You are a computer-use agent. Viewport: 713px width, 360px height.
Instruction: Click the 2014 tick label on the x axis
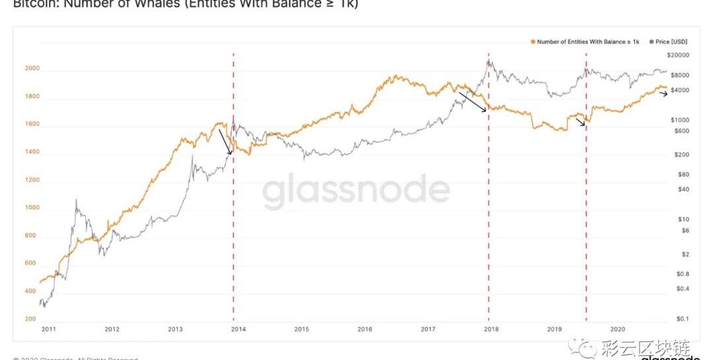(x=238, y=328)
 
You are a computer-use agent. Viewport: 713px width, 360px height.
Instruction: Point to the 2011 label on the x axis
(x=48, y=328)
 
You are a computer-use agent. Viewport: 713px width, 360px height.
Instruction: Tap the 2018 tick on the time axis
(x=491, y=328)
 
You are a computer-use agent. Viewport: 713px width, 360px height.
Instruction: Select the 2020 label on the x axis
(x=618, y=328)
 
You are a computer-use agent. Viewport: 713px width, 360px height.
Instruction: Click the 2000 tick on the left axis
(x=32, y=69)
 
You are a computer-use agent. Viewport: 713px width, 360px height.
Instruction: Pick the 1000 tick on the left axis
(x=32, y=207)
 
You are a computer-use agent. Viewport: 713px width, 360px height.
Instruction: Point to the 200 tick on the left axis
(x=30, y=319)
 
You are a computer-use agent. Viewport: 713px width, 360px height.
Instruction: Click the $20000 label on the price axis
(x=678, y=55)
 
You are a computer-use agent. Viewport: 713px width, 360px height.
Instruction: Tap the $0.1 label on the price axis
(x=683, y=319)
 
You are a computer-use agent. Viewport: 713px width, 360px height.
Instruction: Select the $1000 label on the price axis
(x=680, y=120)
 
